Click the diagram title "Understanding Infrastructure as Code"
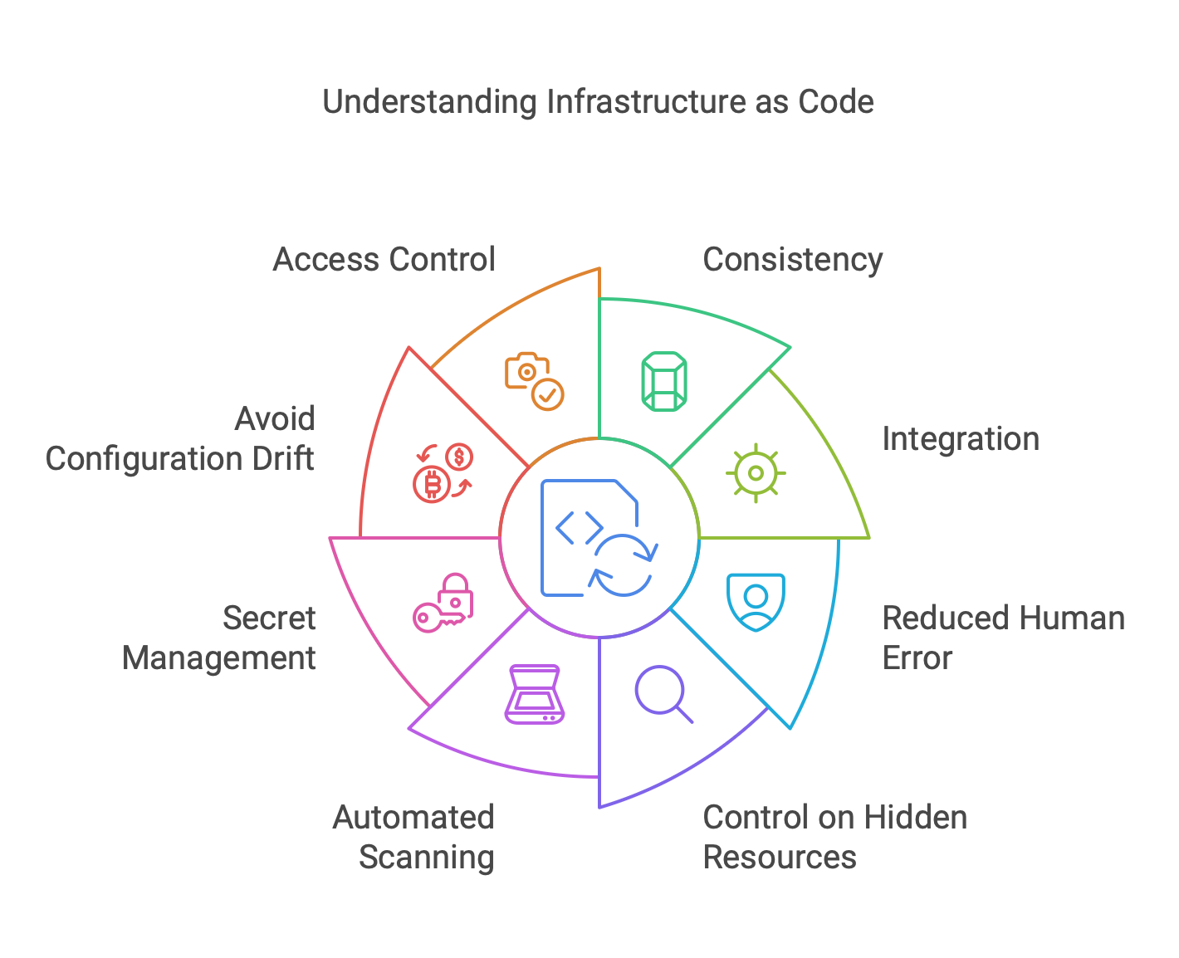(x=598, y=102)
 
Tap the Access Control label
(x=384, y=260)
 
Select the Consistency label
(x=792, y=260)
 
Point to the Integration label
(x=960, y=439)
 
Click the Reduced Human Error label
(x=1002, y=638)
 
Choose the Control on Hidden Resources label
(x=834, y=837)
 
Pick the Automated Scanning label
(x=413, y=837)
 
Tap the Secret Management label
(x=219, y=638)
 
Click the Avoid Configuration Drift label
(x=180, y=438)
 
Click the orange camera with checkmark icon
(x=534, y=382)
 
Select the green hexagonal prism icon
(x=664, y=382)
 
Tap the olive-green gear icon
(x=756, y=473)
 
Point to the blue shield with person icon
(x=756, y=602)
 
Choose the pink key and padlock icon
(x=443, y=602)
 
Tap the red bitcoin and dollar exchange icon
(x=443, y=473)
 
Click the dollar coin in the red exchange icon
(x=459, y=457)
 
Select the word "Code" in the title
(x=836, y=102)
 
